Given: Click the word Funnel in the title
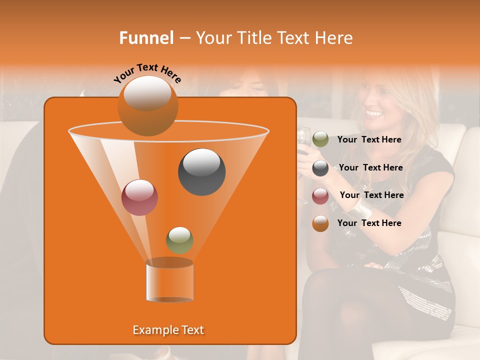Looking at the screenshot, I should (x=146, y=38).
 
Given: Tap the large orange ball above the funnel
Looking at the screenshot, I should (x=147, y=105).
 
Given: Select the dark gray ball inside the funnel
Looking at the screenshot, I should (x=201, y=171).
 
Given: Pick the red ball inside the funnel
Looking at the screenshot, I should (x=139, y=197).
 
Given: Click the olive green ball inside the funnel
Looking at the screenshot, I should (x=179, y=240).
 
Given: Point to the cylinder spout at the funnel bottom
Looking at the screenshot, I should (x=169, y=281).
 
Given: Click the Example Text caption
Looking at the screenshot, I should (x=168, y=330).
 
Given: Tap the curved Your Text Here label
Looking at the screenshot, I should (x=147, y=73).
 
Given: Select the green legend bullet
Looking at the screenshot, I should (x=320, y=139).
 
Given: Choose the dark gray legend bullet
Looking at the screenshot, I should (x=320, y=168).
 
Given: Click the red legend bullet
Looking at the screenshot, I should (x=320, y=196).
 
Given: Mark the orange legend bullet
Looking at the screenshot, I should (x=320, y=223).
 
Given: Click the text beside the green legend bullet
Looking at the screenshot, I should (x=369, y=140).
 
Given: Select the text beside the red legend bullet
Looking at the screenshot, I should (x=371, y=195).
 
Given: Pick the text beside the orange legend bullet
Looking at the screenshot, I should (x=369, y=223).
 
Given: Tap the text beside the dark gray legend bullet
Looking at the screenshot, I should (x=370, y=167).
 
